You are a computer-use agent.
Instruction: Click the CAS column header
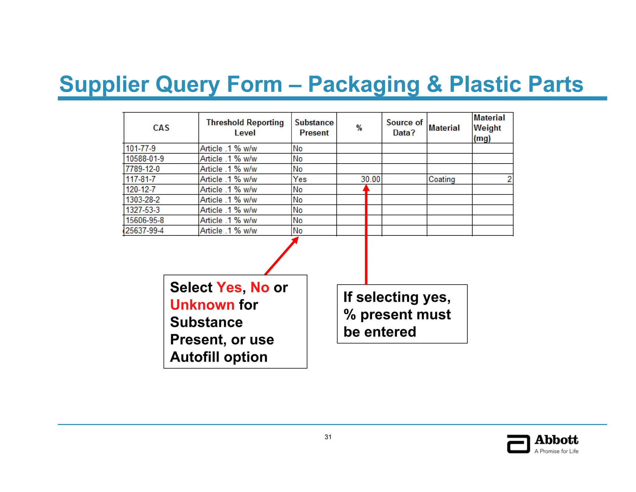click(x=161, y=128)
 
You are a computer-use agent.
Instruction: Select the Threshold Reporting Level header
click(x=245, y=128)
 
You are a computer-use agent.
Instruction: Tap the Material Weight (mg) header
click(x=489, y=128)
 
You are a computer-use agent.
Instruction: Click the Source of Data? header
click(x=404, y=128)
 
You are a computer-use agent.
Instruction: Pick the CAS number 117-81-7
click(x=141, y=179)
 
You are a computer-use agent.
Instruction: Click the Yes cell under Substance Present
click(x=300, y=179)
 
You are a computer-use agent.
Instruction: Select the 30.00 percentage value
click(x=370, y=179)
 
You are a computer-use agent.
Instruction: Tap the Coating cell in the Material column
click(x=442, y=179)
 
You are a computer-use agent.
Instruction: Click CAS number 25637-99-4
click(x=145, y=231)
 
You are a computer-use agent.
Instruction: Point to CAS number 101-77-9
click(x=141, y=149)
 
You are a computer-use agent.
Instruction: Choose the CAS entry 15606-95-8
click(x=145, y=220)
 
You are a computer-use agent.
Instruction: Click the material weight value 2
click(x=509, y=179)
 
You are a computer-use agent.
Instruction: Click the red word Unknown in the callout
click(x=202, y=305)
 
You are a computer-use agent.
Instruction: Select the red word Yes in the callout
click(x=229, y=287)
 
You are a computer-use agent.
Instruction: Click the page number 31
click(x=328, y=437)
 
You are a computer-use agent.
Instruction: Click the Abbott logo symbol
click(x=518, y=444)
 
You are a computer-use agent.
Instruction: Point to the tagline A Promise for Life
click(x=556, y=451)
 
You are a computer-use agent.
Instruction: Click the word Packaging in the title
click(x=364, y=85)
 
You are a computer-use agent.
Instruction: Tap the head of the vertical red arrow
click(x=366, y=188)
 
